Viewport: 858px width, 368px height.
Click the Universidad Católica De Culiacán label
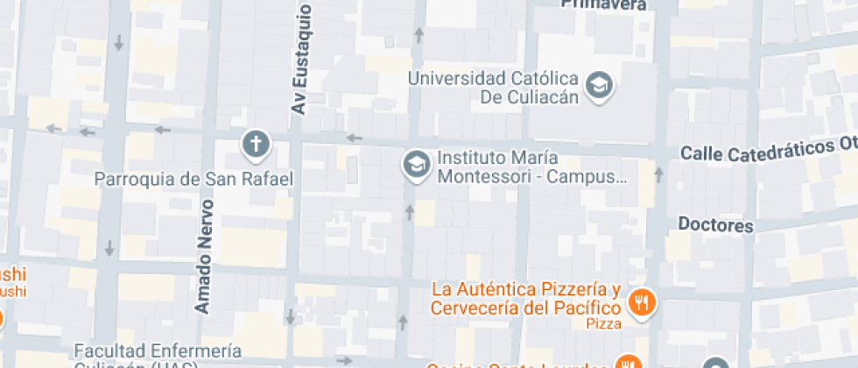(496, 87)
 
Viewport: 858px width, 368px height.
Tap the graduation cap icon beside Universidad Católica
(601, 86)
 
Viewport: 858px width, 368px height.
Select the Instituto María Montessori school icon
(415, 164)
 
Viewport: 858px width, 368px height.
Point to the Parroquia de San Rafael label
(193, 180)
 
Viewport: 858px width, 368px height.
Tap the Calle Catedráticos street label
(767, 151)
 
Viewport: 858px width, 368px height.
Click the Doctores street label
(715, 225)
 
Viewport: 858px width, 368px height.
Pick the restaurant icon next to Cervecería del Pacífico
(642, 303)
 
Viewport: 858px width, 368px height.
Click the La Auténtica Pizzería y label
(527, 289)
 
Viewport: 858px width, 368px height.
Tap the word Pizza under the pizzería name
(603, 324)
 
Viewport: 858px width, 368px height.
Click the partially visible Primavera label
(603, 4)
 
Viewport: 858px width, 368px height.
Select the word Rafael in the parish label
(268, 180)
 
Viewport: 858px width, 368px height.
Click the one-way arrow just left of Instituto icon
(354, 138)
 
